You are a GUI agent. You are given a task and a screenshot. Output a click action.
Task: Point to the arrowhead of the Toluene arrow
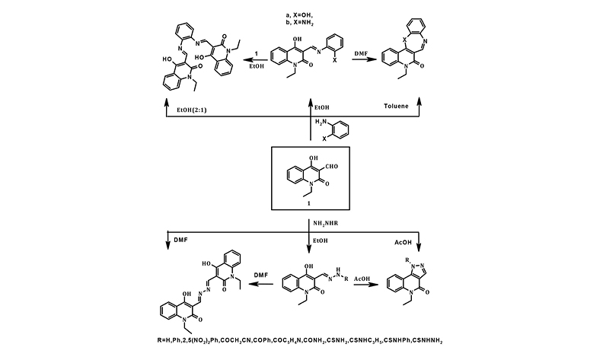(x=419, y=100)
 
